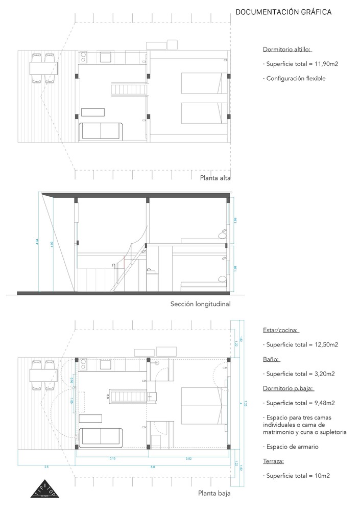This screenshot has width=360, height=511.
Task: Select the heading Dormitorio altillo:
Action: tap(287, 50)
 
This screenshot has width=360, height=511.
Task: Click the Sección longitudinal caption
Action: tap(200, 304)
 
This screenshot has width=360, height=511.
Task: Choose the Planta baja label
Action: tap(214, 494)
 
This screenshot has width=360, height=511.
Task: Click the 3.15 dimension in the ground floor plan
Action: tap(112, 458)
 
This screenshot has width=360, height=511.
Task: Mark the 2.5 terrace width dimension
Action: tap(47, 467)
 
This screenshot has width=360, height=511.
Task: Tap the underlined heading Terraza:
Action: tap(274, 461)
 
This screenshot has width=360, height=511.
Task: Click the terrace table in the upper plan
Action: tap(42, 68)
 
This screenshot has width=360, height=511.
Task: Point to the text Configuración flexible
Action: tap(296, 79)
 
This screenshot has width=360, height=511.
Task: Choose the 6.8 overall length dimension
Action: tap(153, 467)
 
